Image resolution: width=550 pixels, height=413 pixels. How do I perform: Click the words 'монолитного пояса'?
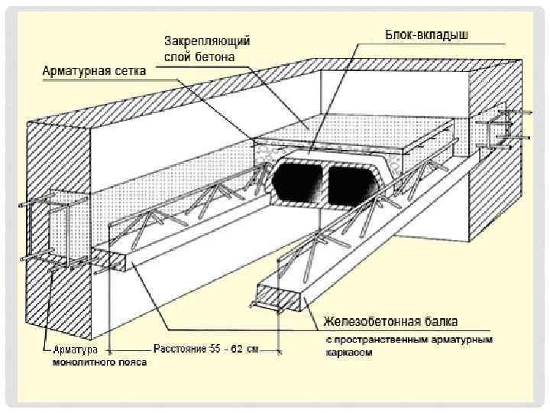[x=99, y=362]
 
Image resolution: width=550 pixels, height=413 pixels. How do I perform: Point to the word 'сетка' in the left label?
[x=123, y=70]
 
